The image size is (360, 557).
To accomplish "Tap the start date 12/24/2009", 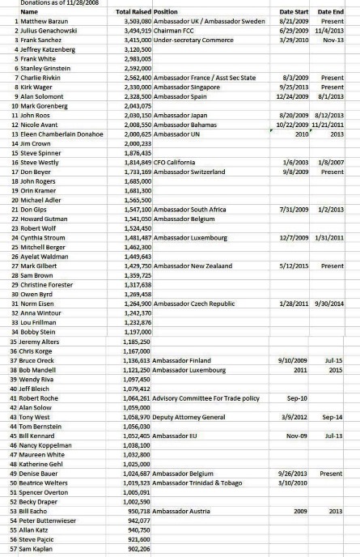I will coord(296,96).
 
